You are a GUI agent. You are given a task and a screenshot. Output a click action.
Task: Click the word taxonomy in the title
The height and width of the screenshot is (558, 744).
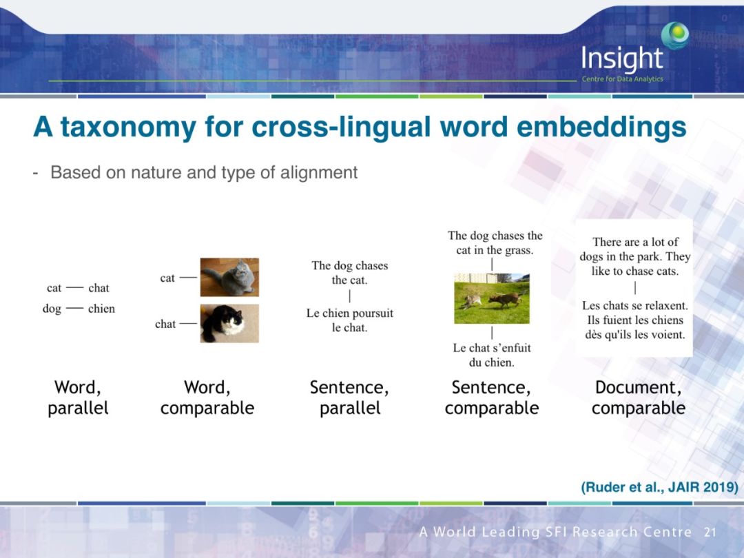(x=127, y=127)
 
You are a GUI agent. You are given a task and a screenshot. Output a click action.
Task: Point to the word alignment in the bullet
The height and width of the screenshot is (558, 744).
(x=318, y=173)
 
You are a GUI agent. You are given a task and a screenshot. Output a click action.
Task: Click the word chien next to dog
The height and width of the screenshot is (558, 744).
(x=101, y=309)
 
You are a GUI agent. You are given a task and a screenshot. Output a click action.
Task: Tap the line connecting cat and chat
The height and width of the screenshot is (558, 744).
(x=75, y=287)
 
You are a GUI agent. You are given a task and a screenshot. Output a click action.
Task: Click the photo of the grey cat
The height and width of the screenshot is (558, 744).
(x=229, y=277)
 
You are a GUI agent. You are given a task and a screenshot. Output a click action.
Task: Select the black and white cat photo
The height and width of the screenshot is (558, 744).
(x=229, y=324)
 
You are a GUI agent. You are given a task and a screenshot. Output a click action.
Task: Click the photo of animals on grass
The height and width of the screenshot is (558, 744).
(x=492, y=298)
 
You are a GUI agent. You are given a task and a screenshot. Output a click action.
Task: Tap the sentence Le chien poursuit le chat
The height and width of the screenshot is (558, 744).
(x=350, y=320)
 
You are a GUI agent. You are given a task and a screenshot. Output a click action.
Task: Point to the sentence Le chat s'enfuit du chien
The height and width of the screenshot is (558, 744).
(x=492, y=355)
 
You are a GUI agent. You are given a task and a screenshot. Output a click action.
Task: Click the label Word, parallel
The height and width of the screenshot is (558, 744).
(x=78, y=397)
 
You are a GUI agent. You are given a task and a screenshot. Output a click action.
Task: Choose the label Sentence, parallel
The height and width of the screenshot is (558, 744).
(x=350, y=397)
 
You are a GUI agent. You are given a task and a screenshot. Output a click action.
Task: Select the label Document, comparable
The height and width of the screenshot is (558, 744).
(x=638, y=397)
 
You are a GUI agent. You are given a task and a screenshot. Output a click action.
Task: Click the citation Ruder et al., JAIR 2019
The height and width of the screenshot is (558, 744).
(x=659, y=487)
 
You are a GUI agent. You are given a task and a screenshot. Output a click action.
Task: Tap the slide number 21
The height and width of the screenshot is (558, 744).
(x=710, y=532)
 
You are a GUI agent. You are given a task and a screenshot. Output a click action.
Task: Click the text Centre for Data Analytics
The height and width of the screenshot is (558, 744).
(x=623, y=79)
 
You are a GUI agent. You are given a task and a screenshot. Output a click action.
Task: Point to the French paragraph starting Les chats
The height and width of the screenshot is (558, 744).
(x=635, y=320)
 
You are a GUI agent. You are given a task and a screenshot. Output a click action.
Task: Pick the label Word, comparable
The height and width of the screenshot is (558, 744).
(x=207, y=397)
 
